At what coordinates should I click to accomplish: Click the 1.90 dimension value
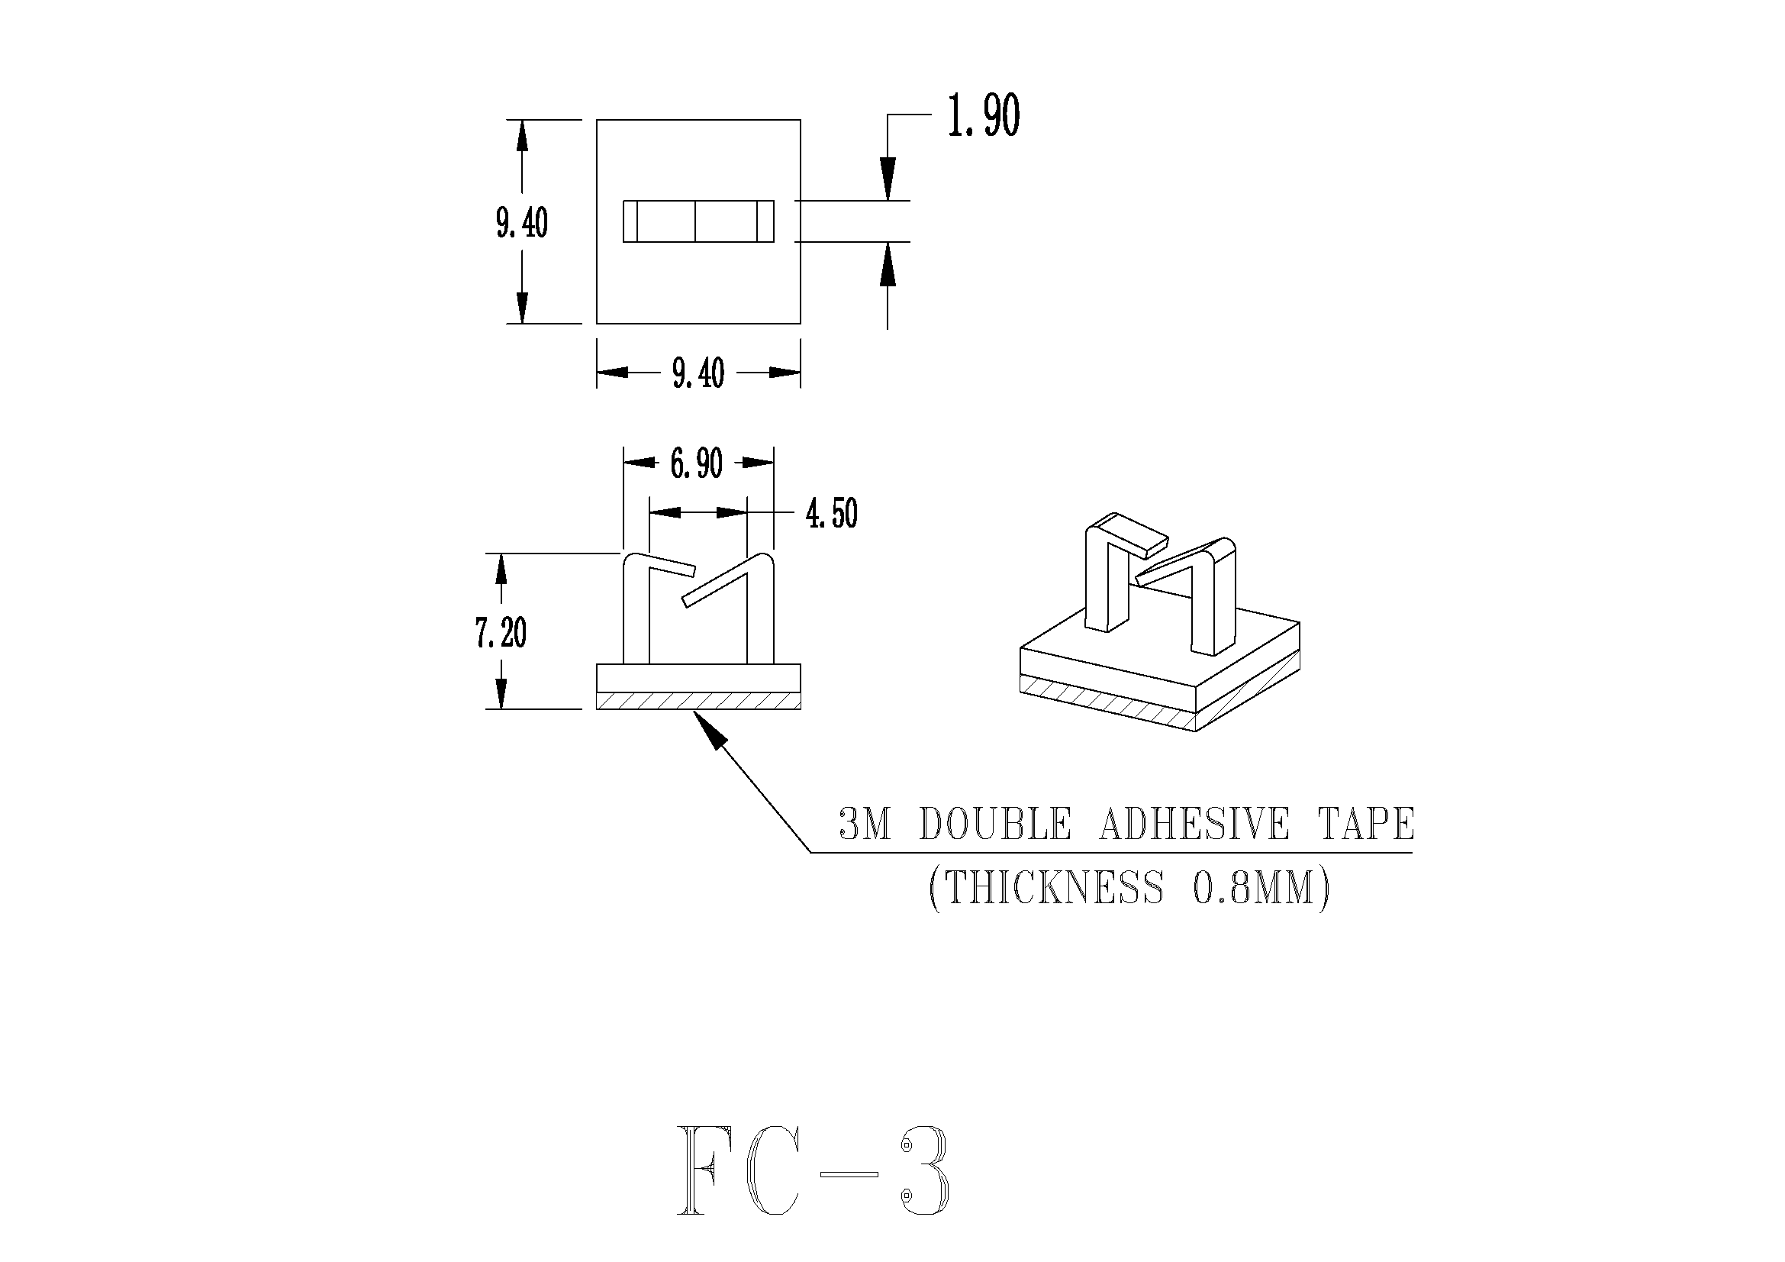coord(983,117)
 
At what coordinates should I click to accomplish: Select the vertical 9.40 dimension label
coord(522,223)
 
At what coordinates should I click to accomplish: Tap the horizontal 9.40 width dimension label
coord(698,373)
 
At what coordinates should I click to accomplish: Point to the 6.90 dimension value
coord(697,464)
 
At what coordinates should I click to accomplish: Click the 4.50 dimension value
coord(831,514)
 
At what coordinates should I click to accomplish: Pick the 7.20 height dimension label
coord(501,633)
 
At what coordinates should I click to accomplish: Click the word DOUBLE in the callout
coord(994,825)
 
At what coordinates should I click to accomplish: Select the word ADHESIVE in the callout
coord(1194,825)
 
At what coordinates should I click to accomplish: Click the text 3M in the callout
coord(865,825)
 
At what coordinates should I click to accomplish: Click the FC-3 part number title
coord(813,1181)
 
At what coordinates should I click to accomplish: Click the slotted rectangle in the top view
coord(698,221)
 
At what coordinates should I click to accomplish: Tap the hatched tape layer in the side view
coord(698,701)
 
